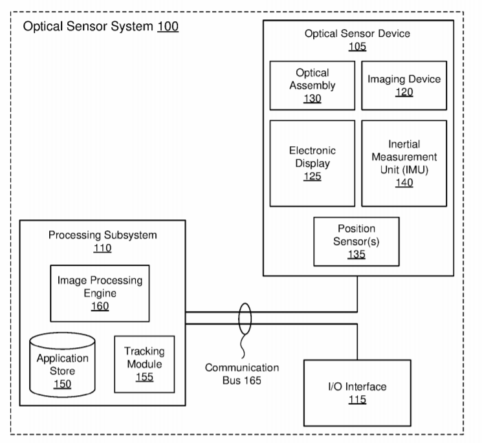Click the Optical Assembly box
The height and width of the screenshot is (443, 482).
[x=312, y=85]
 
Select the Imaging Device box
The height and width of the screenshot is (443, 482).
[x=404, y=85]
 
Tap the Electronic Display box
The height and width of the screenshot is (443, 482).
[x=312, y=163]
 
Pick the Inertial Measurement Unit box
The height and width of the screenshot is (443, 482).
[x=404, y=163]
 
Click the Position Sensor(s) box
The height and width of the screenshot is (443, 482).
[x=356, y=241]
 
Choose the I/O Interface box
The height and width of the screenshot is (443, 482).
[x=356, y=393]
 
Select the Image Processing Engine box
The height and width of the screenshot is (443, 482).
[x=100, y=293]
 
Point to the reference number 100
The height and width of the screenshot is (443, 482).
[x=167, y=28]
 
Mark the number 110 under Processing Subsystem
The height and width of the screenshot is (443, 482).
[x=102, y=248]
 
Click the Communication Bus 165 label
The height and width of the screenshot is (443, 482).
[x=242, y=374]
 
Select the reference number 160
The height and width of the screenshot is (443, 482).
[x=100, y=306]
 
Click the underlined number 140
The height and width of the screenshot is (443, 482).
[x=404, y=183]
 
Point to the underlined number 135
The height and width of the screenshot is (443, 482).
[x=356, y=254]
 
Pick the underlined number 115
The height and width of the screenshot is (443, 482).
[x=356, y=400]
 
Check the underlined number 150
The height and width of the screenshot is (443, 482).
[x=63, y=385]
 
